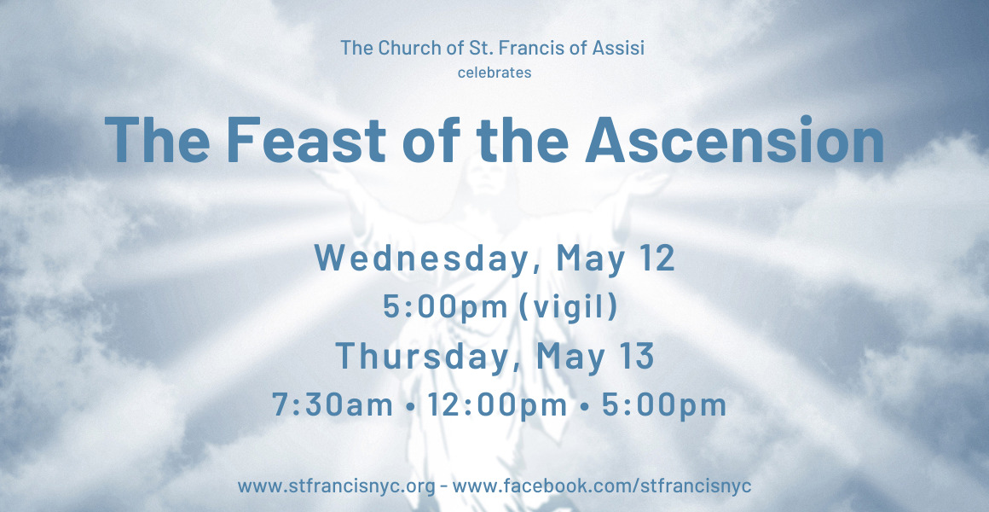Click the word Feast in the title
(306, 140)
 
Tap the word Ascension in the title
(734, 140)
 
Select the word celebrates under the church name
(494, 73)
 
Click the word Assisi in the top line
(617, 47)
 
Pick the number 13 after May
(633, 356)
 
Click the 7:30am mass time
(333, 404)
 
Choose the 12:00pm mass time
(497, 404)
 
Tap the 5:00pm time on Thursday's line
(664, 404)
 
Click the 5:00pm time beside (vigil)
(445, 307)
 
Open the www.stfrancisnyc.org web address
(336, 486)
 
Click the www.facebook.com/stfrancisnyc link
(602, 486)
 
